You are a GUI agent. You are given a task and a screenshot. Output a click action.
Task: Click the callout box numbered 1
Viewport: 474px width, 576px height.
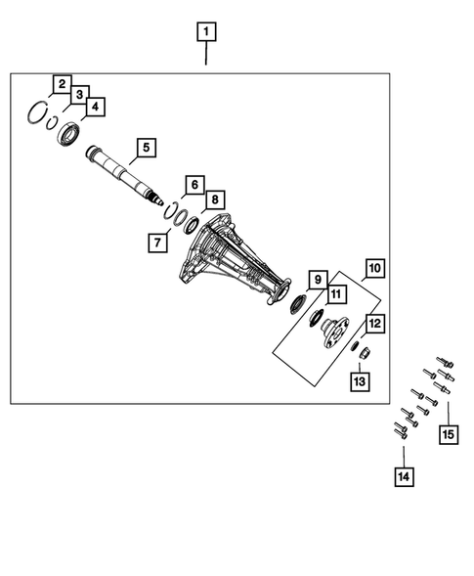click(x=205, y=32)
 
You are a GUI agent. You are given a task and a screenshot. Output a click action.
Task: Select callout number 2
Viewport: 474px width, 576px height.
click(x=62, y=84)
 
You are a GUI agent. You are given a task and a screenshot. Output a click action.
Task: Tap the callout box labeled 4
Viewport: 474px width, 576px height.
click(x=96, y=107)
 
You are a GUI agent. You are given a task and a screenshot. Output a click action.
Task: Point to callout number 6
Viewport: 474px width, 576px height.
click(x=194, y=184)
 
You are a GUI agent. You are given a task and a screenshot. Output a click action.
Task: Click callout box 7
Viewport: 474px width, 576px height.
click(x=156, y=241)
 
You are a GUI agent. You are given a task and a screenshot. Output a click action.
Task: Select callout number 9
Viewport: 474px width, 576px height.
click(x=318, y=279)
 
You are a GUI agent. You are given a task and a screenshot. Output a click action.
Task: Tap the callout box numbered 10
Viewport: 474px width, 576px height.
click(x=374, y=267)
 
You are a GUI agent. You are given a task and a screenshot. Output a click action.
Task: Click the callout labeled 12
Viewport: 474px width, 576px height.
click(x=374, y=324)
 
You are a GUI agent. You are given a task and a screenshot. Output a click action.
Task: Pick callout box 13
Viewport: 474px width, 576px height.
click(x=362, y=380)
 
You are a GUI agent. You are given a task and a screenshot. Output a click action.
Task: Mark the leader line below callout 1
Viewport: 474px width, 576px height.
click(x=205, y=55)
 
